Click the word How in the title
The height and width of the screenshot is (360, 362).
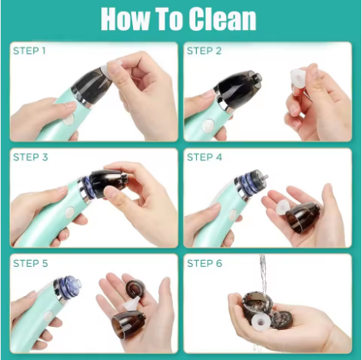[x=128, y=18]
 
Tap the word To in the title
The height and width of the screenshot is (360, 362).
[x=177, y=18]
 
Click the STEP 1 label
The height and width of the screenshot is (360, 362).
[x=29, y=51]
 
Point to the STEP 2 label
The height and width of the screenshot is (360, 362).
[x=204, y=51]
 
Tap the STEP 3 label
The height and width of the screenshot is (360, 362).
[x=29, y=157]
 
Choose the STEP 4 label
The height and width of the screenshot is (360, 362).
[x=204, y=157]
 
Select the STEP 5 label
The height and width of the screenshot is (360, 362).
[x=29, y=263]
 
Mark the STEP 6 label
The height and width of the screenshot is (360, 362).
[x=204, y=263]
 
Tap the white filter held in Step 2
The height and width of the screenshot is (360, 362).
[x=298, y=78]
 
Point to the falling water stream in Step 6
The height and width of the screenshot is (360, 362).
[x=263, y=273]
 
